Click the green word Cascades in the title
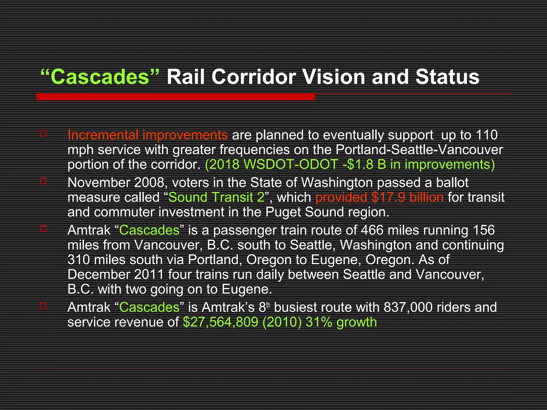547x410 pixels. [x=99, y=77]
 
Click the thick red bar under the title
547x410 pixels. [x=175, y=97]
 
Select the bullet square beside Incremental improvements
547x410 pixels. [x=43, y=133]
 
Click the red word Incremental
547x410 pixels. [x=103, y=135]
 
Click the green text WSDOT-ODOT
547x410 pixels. [x=291, y=164]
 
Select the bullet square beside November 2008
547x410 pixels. [x=43, y=181]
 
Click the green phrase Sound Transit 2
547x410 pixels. [x=216, y=198]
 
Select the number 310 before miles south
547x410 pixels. [x=79, y=260]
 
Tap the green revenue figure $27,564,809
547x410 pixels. [x=221, y=322]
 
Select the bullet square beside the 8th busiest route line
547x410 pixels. [x=43, y=306]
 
